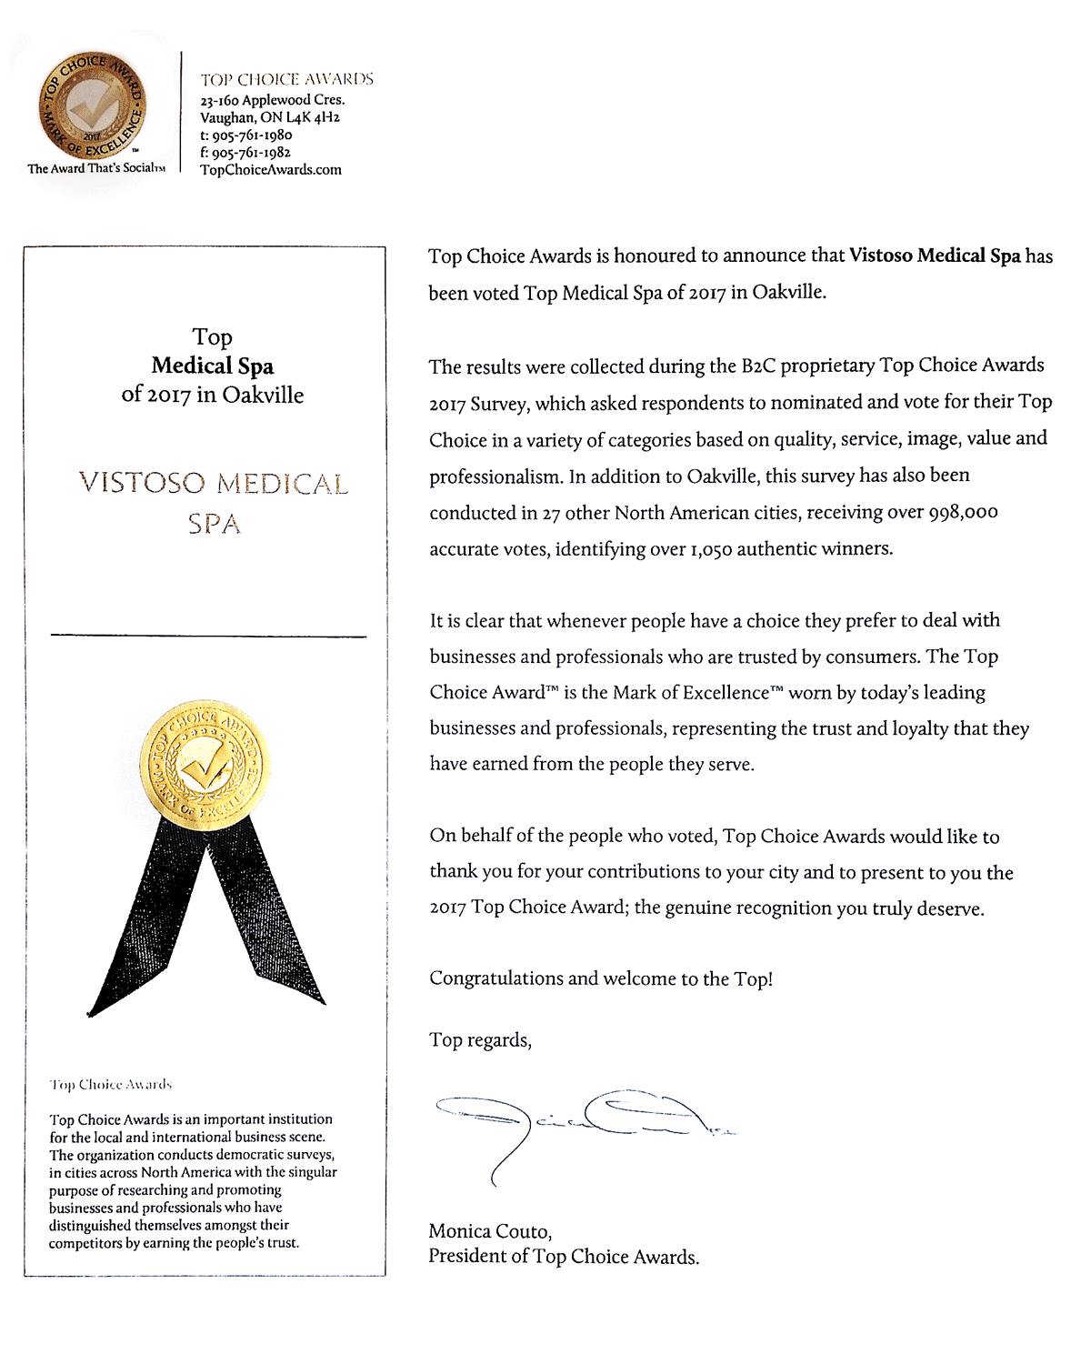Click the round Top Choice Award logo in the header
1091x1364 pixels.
pos(92,105)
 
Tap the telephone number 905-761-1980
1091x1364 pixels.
pos(252,135)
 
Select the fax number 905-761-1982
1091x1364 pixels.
pos(251,152)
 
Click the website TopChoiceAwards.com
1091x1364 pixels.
pos(271,169)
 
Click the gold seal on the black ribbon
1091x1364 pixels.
pos(205,765)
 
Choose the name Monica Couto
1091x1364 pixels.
pos(489,1231)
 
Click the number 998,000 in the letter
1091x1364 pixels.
pos(963,512)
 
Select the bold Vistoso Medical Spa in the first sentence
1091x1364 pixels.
pos(935,256)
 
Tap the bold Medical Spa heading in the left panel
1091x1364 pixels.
pos(213,366)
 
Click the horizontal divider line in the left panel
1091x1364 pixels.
pos(208,636)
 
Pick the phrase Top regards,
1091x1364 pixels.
pos(480,1040)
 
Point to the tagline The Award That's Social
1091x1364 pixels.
pos(95,168)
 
